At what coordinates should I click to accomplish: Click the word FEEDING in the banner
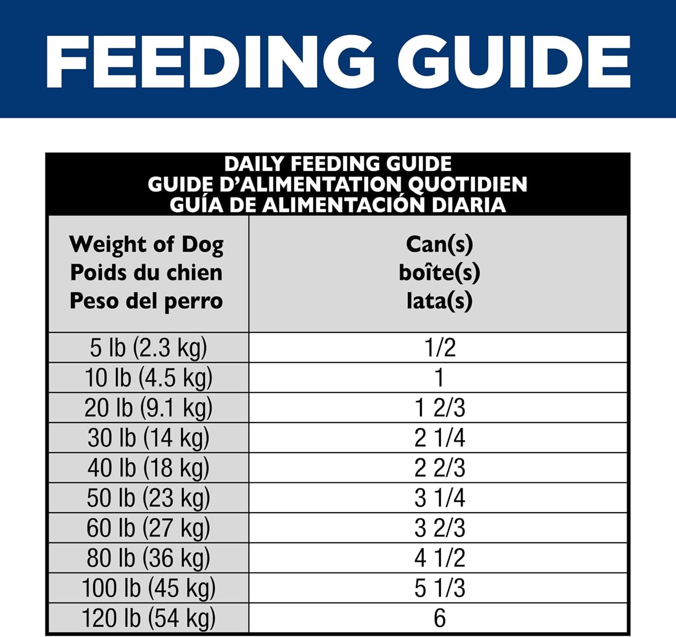(210, 62)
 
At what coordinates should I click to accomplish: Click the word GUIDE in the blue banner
(514, 62)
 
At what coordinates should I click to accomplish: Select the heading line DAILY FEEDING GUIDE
(338, 164)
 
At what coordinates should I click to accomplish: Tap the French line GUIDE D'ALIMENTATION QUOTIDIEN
(338, 184)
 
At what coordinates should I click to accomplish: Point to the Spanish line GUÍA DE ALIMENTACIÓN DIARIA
(338, 205)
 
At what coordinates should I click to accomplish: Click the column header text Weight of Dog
(146, 245)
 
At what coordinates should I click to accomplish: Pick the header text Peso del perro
(146, 301)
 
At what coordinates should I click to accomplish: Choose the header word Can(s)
(439, 245)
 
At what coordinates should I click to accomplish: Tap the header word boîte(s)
(439, 273)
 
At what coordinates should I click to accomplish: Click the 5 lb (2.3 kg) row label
(148, 348)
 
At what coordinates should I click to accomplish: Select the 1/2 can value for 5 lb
(440, 348)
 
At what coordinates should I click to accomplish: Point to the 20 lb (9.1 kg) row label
(148, 408)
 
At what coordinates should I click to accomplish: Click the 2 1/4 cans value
(440, 438)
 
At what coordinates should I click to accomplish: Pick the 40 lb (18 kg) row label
(148, 468)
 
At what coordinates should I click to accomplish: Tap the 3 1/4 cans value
(440, 498)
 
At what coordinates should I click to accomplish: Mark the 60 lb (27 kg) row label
(148, 528)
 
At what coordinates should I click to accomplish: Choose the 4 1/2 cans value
(440, 558)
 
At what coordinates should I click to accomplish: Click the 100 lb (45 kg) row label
(148, 588)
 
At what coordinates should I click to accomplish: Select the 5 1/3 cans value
(440, 588)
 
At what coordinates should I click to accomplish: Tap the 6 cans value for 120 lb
(440, 618)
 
